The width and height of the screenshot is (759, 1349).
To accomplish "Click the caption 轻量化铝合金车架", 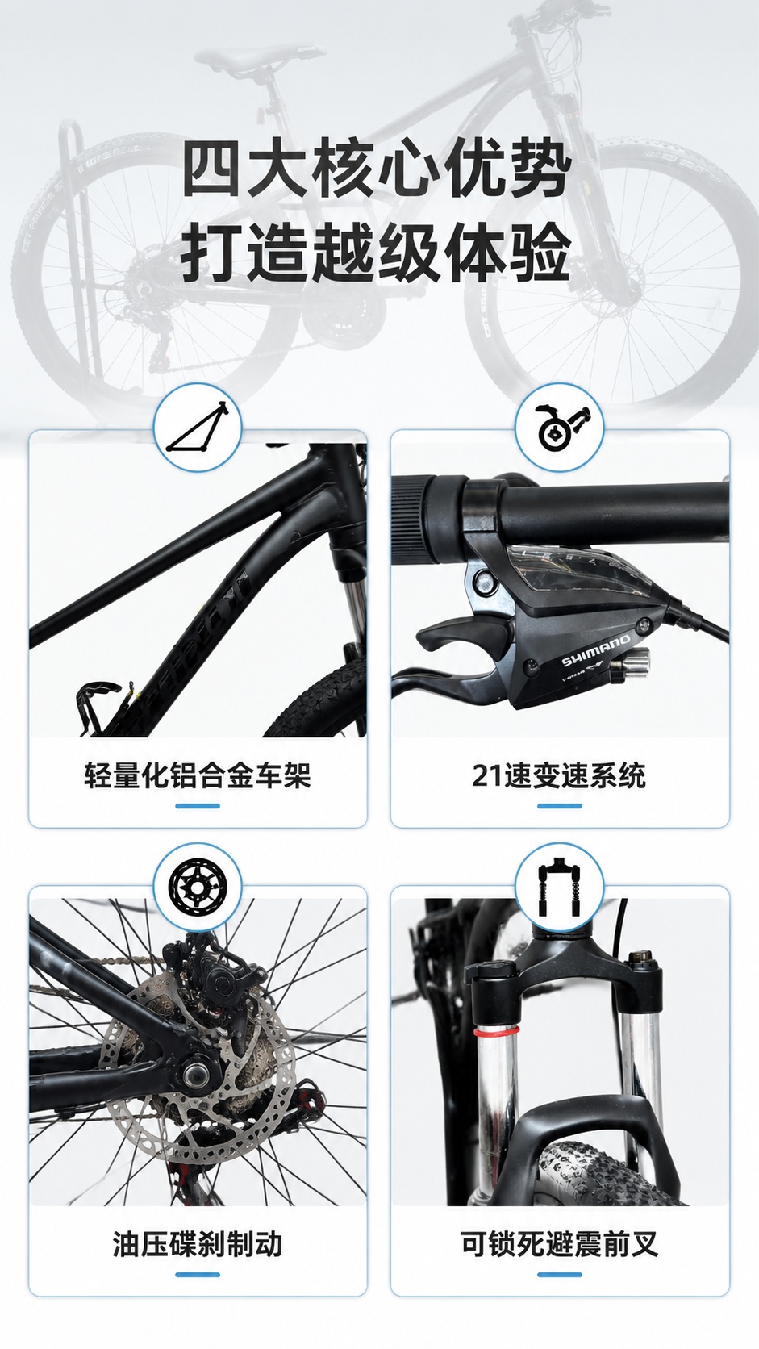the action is coord(198,775).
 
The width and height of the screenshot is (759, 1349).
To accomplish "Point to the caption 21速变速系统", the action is coord(559,775).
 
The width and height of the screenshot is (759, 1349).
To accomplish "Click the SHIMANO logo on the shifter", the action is coord(596,652).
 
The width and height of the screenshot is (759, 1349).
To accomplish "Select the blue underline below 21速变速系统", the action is coord(559,806).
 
